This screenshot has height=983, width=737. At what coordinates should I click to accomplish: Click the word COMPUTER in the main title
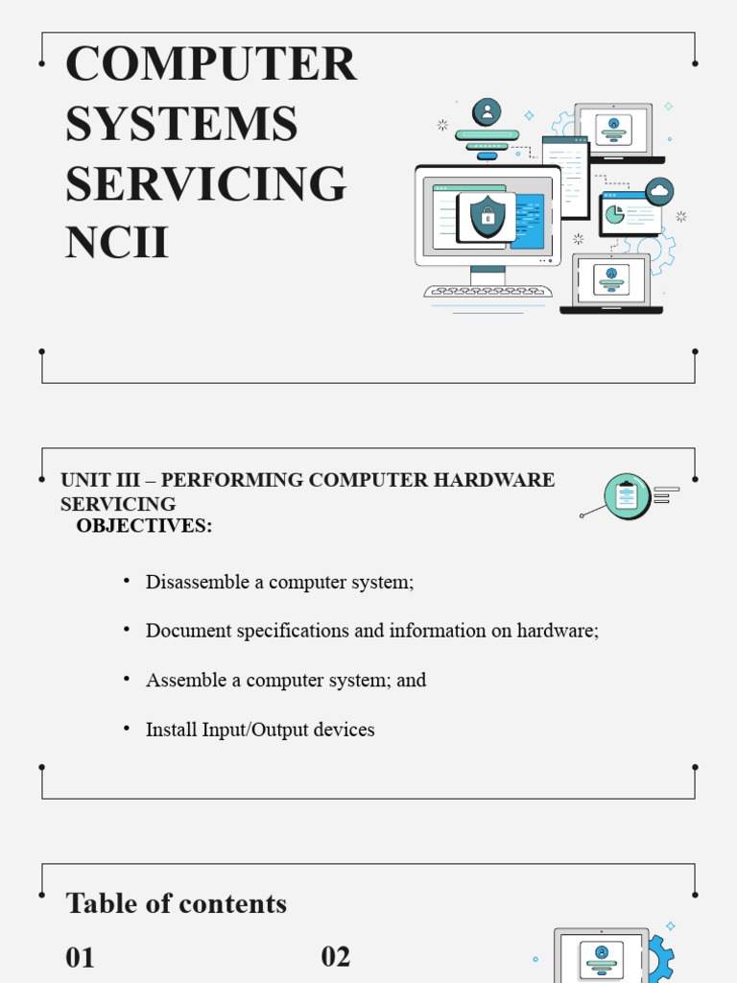210,64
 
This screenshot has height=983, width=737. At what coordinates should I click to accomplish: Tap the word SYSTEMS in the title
181,124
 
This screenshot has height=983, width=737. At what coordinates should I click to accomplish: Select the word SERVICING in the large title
205,183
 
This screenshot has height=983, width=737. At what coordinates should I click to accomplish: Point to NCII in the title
116,243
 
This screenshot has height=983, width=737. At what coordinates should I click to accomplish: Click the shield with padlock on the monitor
487,216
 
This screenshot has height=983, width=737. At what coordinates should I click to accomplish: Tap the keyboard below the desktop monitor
487,291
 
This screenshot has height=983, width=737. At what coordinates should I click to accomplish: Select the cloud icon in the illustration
659,191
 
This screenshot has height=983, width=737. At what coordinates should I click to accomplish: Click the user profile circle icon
487,111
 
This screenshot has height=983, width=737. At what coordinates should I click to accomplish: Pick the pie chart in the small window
614,214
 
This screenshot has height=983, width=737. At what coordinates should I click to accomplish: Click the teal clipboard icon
627,496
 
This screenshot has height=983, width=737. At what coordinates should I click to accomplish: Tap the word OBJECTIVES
144,526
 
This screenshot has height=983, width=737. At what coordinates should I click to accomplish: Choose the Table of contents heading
176,903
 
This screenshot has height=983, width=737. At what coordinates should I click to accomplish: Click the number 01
80,957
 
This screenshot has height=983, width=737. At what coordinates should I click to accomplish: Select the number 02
335,956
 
